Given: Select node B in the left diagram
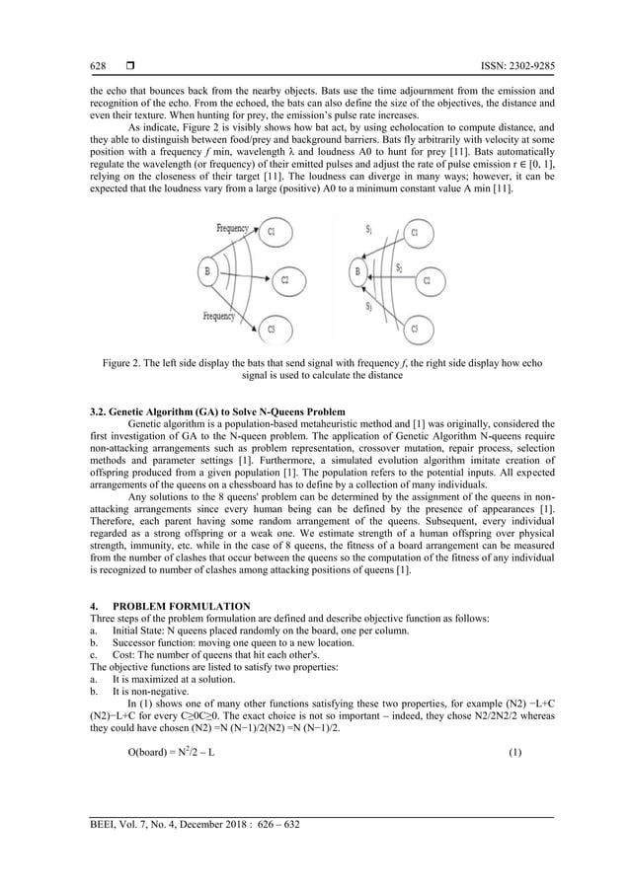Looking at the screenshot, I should pyautogui.click(x=205, y=270).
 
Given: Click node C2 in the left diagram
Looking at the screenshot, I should pyautogui.click(x=284, y=280).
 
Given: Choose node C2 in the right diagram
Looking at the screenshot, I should pyautogui.click(x=427, y=280).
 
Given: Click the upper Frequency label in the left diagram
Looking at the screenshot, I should pyautogui.click(x=233, y=228).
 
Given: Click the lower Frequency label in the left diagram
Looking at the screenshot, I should pyautogui.click(x=218, y=317).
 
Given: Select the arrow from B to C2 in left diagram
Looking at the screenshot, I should pyautogui.click(x=242, y=277).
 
